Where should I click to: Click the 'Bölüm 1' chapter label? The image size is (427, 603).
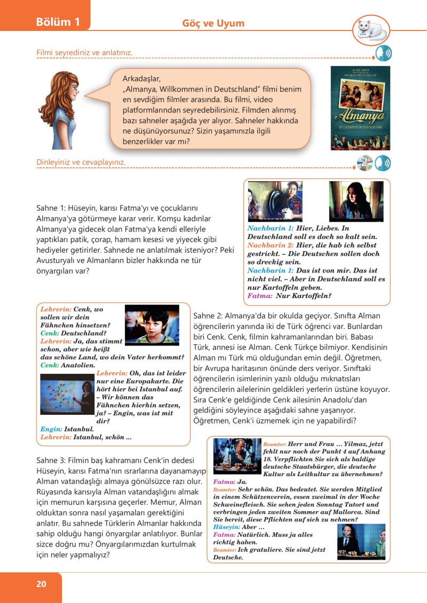[58, 22]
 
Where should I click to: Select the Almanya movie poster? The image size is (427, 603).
[360, 108]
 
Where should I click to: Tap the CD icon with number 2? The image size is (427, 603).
[365, 163]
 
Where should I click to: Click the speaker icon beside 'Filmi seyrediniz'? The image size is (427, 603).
[383, 54]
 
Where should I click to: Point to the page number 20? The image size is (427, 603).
[41, 584]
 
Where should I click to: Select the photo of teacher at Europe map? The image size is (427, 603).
[67, 394]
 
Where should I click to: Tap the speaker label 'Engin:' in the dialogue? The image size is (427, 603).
[51, 429]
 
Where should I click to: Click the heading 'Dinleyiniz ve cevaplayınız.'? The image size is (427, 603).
[85, 162]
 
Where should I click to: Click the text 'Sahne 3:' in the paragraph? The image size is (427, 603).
[52, 460]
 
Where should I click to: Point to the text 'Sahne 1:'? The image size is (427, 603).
[52, 207]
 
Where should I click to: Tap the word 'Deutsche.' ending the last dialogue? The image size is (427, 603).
[228, 558]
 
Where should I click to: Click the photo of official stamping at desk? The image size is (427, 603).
[236, 456]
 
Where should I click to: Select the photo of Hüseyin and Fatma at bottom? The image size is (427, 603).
[361, 542]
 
